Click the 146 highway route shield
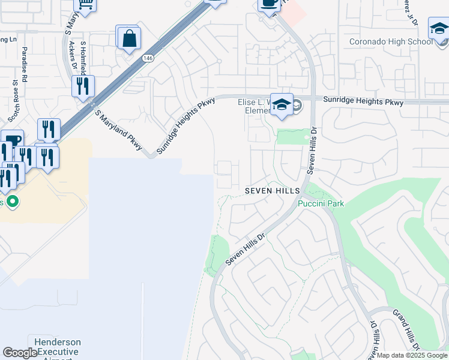[147, 58]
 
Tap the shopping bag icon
[128, 39]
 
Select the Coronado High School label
[391, 41]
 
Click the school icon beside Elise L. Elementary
[281, 105]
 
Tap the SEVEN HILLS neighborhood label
[272, 190]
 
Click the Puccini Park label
[321, 203]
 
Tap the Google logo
[20, 353]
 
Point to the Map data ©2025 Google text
[412, 355]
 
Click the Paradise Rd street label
[25, 64]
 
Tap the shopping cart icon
[86, 5]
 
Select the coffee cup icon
[268, 4]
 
